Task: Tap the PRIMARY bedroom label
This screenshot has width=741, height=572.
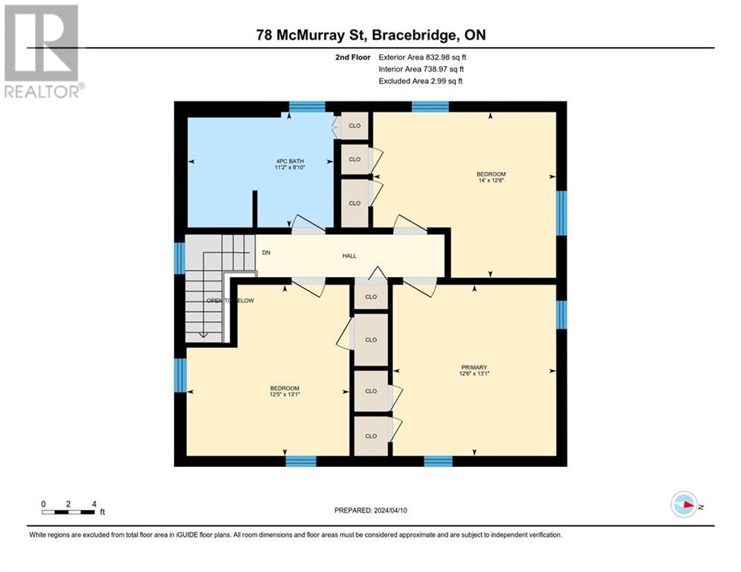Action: (473, 367)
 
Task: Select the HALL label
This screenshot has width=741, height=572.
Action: (349, 255)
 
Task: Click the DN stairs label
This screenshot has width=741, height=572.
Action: (266, 252)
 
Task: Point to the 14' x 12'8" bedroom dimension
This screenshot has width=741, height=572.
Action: (491, 181)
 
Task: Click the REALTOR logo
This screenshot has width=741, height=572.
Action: (43, 51)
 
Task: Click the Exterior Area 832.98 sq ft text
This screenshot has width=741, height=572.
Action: (423, 57)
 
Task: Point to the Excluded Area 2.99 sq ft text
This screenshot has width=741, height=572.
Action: (420, 80)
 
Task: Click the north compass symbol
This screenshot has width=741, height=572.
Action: (684, 506)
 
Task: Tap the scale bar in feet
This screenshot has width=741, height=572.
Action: (69, 512)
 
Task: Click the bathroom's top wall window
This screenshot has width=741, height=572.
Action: (307, 107)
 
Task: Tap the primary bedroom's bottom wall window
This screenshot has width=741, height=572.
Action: (438, 461)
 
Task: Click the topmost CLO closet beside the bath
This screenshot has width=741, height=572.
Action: (354, 125)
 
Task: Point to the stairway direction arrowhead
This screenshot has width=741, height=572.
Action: (203, 334)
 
